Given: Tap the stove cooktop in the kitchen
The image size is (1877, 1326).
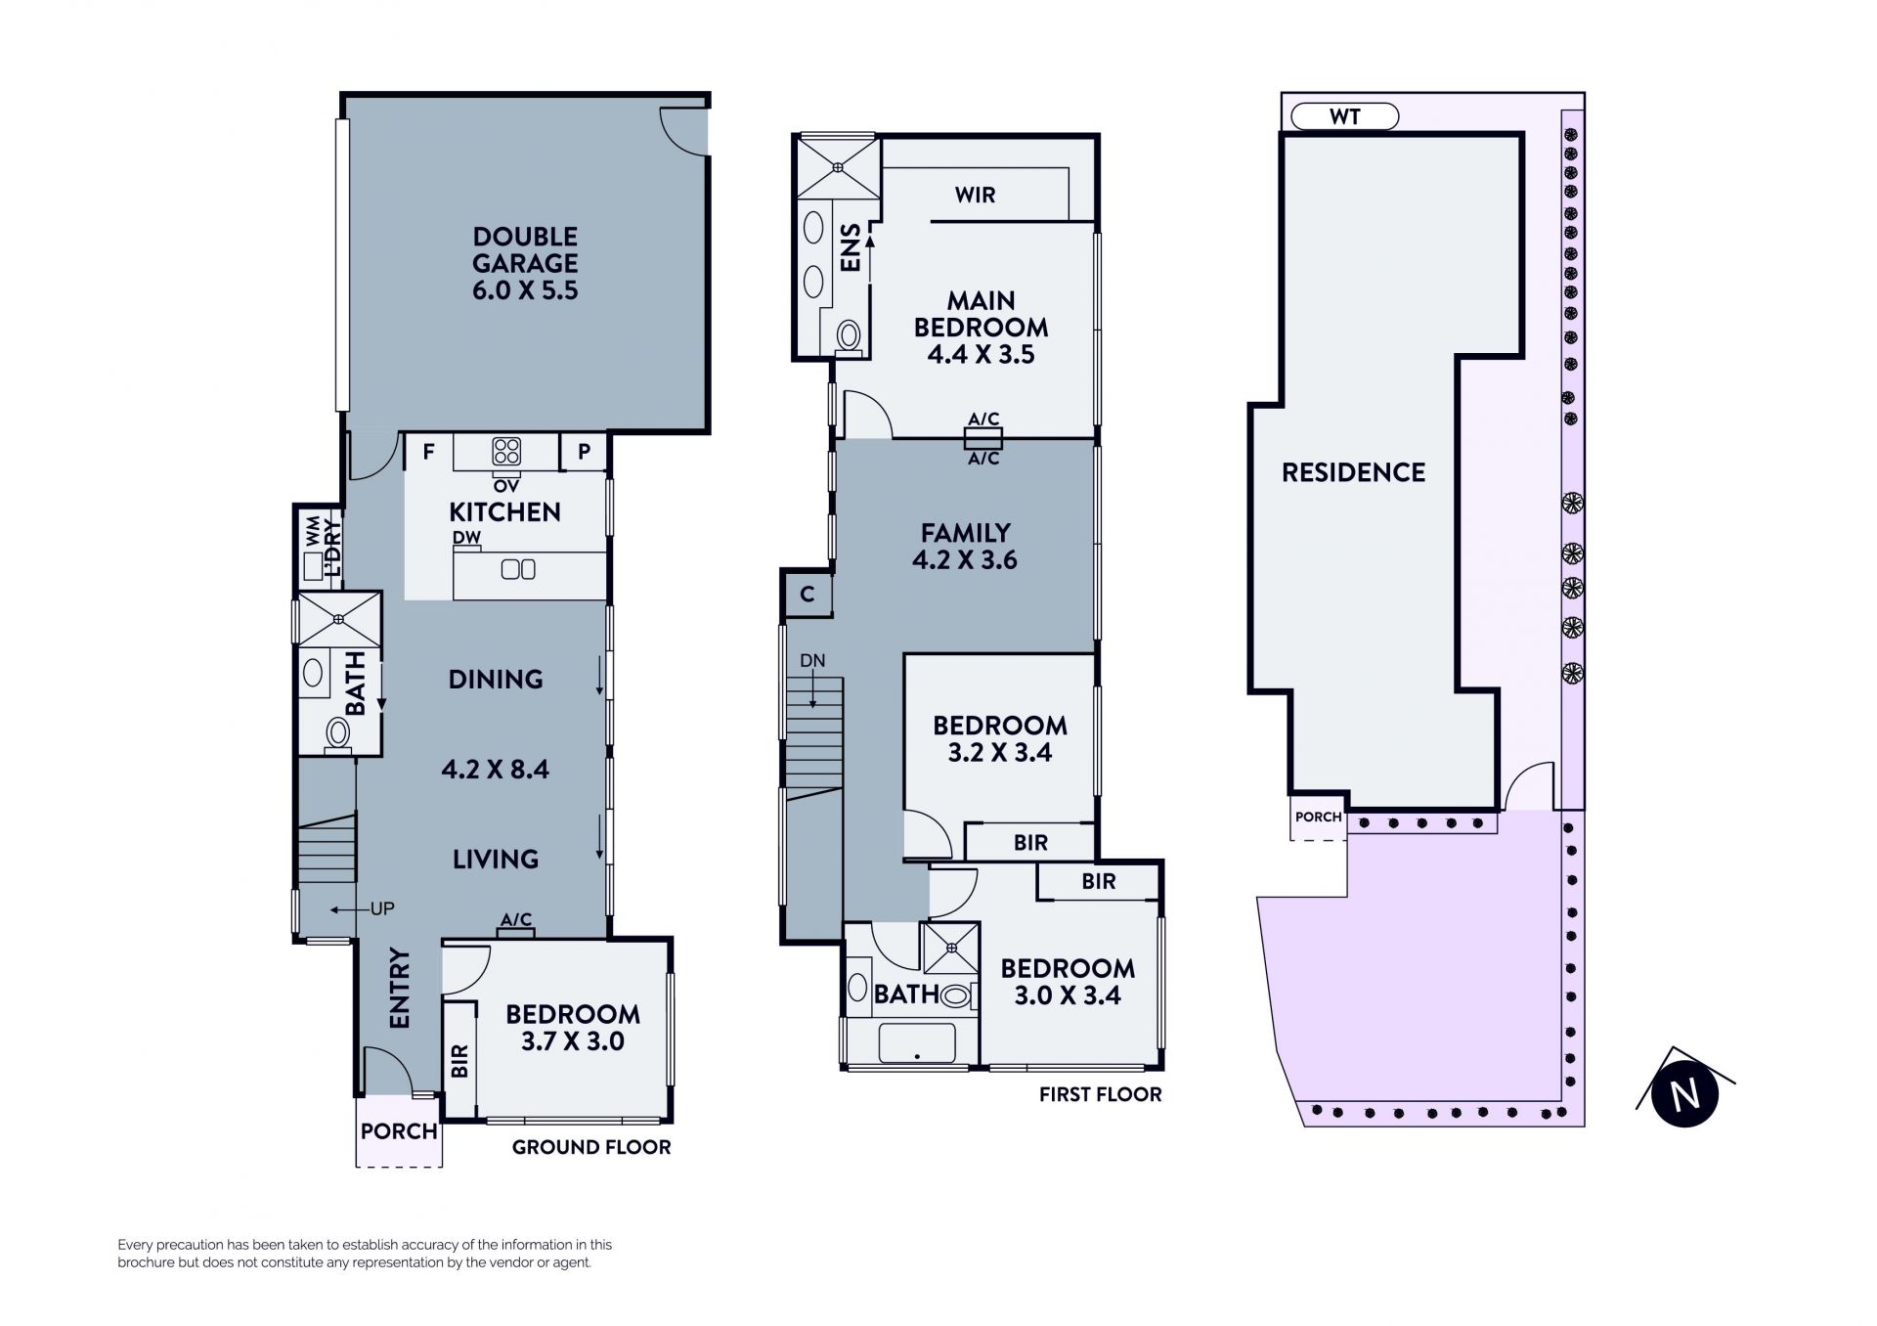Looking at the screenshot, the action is pyautogui.click(x=506, y=452).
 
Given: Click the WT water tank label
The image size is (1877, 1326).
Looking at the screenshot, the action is pyautogui.click(x=1345, y=116).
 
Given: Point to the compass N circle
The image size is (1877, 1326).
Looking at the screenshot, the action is pyautogui.click(x=1684, y=1094).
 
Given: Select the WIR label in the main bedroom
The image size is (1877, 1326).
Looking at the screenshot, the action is pyautogui.click(x=975, y=195).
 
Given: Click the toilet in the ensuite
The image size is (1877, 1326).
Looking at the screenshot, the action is pyautogui.click(x=848, y=334).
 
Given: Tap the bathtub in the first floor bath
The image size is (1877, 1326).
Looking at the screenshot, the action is pyautogui.click(x=917, y=1043).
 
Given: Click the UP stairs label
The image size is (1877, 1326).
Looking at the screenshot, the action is pyautogui.click(x=382, y=909).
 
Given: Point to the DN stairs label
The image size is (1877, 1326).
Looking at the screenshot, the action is pyautogui.click(x=812, y=661).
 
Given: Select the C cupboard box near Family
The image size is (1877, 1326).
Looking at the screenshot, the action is pyautogui.click(x=808, y=595).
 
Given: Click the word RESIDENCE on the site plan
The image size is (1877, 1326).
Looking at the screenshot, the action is pyautogui.click(x=1353, y=473).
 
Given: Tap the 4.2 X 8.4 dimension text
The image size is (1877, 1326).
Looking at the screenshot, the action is pyautogui.click(x=495, y=770).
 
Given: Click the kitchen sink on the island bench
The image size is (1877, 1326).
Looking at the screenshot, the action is pyautogui.click(x=518, y=568).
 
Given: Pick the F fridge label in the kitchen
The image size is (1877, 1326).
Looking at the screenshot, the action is pyautogui.click(x=428, y=452).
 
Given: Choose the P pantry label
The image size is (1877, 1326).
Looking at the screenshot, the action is pyautogui.click(x=585, y=452).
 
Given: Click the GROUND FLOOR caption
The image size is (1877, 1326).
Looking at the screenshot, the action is pyautogui.click(x=591, y=1147).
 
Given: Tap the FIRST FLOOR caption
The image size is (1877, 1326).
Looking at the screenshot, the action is pyautogui.click(x=1100, y=1095).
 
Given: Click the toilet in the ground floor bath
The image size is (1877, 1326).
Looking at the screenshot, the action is pyautogui.click(x=338, y=732).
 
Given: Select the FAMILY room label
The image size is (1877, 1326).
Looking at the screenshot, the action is pyautogui.click(x=965, y=533).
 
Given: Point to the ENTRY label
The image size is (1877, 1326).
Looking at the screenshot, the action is pyautogui.click(x=400, y=988).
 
